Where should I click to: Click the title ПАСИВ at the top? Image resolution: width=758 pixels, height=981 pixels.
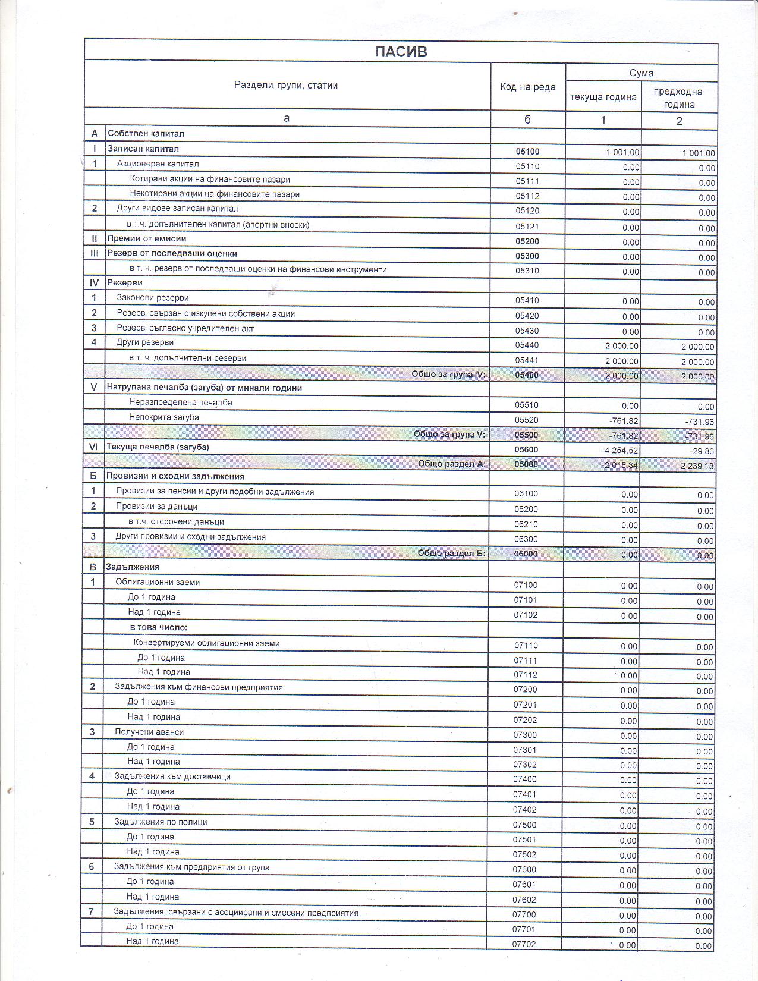click(x=401, y=52)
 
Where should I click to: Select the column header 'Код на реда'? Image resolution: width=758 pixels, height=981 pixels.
click(x=527, y=87)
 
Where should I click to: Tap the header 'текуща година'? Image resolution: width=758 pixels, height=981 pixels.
click(x=603, y=97)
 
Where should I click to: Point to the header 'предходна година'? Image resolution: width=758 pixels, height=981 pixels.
click(x=678, y=98)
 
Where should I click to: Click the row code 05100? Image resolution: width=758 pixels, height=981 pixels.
click(x=527, y=152)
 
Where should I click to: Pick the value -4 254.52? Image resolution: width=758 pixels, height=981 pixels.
click(x=620, y=451)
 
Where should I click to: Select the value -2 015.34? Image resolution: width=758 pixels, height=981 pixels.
click(x=620, y=465)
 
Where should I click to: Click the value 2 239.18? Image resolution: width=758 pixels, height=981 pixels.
click(x=697, y=466)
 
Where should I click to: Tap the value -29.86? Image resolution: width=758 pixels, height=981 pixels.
click(x=702, y=452)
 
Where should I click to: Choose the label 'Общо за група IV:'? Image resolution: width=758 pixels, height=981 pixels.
click(x=448, y=374)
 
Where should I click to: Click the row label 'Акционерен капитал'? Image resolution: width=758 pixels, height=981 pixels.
click(x=158, y=164)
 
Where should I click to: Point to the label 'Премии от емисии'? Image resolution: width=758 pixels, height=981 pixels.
click(x=147, y=238)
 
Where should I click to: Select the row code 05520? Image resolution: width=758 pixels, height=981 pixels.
click(x=526, y=420)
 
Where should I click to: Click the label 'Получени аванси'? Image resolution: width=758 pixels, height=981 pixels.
click(x=149, y=732)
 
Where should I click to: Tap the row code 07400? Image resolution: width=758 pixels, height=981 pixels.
click(x=524, y=779)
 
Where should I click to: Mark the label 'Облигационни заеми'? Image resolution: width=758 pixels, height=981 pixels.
click(x=158, y=582)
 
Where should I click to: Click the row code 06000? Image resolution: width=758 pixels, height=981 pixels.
click(x=526, y=554)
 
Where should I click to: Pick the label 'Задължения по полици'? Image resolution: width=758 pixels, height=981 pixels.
click(x=161, y=822)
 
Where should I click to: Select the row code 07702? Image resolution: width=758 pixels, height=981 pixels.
click(x=524, y=944)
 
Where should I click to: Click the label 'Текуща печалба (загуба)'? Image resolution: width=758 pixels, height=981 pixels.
click(x=158, y=447)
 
